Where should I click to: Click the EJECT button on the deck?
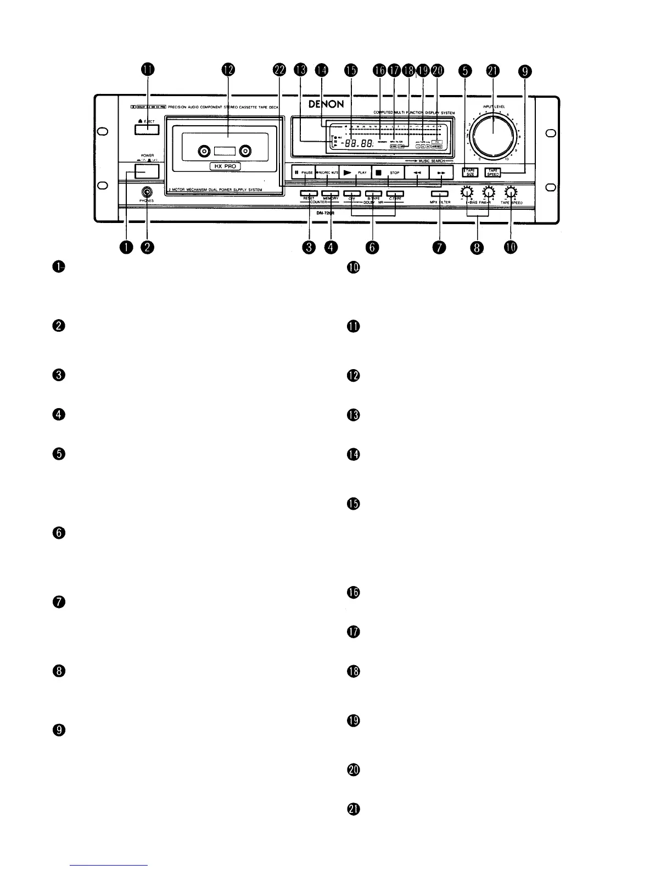[146, 130]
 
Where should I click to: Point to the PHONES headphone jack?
[147, 192]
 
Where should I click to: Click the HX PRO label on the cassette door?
[225, 166]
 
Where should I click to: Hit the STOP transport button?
[388, 172]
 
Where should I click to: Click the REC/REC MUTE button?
[327, 172]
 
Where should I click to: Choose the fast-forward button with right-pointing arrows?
[442, 172]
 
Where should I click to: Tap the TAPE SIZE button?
[470, 172]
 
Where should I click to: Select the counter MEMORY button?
[330, 193]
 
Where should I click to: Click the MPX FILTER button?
[439, 193]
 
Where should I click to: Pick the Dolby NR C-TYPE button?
[395, 193]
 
